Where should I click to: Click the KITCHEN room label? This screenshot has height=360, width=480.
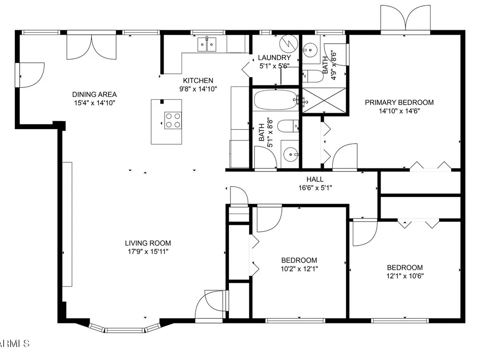(198, 81)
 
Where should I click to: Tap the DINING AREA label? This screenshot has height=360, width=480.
(94, 94)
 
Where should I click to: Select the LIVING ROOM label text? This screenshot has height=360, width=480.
(148, 243)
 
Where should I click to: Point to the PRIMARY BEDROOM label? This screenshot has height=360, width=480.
(399, 102)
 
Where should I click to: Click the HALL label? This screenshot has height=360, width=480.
(315, 180)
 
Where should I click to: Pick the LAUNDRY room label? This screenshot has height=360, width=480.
(274, 58)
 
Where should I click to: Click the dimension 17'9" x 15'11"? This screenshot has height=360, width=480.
(148, 252)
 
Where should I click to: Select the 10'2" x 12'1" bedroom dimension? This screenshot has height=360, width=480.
(300, 269)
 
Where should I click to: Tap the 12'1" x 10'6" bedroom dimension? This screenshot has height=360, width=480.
(405, 276)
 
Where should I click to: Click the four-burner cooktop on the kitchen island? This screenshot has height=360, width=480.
(173, 120)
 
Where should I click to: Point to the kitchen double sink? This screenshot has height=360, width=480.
(207, 44)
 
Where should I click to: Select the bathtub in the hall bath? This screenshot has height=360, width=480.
(275, 99)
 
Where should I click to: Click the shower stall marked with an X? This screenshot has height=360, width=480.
(324, 100)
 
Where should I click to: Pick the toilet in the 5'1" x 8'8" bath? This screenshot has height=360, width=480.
(288, 126)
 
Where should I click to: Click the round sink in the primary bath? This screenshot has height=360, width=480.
(310, 49)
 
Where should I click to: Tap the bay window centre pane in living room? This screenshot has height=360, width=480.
(125, 330)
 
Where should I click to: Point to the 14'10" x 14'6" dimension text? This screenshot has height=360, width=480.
(399, 111)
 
